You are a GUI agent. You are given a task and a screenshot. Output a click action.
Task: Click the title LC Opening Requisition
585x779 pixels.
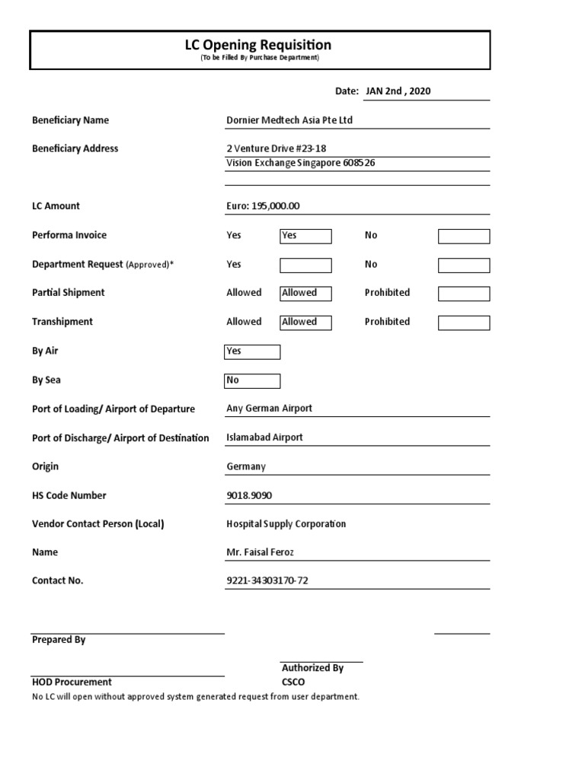click(x=259, y=45)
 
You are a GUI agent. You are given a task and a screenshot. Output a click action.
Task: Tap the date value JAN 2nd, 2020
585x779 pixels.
click(x=398, y=91)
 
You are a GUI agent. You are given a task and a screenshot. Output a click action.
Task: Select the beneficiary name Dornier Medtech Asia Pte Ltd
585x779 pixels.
click(x=289, y=120)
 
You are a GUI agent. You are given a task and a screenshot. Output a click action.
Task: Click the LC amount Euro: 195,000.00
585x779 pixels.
click(x=263, y=206)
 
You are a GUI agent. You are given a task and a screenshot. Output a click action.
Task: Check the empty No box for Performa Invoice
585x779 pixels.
click(x=463, y=237)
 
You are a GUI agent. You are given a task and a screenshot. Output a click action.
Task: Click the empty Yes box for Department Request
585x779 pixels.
click(x=305, y=265)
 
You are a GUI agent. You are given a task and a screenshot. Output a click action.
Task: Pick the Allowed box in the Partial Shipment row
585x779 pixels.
click(x=305, y=294)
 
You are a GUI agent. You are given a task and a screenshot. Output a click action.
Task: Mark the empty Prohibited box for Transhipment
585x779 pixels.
click(x=463, y=323)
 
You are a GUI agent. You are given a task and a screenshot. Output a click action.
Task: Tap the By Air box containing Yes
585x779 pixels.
click(x=252, y=351)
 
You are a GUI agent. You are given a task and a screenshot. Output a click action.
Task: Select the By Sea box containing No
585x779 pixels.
click(x=252, y=380)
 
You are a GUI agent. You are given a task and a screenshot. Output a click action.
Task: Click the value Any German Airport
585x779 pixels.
click(x=269, y=409)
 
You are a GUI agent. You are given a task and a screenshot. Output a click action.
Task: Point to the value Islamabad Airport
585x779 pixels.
click(x=264, y=437)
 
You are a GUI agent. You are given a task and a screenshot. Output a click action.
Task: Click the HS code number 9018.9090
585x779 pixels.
click(x=249, y=495)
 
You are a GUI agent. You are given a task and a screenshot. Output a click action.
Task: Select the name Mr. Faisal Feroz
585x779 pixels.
click(x=260, y=552)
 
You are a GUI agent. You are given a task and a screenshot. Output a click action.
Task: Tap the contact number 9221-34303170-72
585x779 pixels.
click(x=267, y=581)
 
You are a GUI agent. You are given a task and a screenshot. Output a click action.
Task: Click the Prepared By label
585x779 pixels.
click(x=59, y=640)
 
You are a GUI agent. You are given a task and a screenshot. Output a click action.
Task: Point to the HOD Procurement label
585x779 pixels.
click(x=72, y=682)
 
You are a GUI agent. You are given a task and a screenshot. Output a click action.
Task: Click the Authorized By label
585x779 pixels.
click(x=312, y=668)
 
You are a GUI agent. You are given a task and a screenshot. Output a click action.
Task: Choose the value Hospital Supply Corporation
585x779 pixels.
click(x=286, y=524)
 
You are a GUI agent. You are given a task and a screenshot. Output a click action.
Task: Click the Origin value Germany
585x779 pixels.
click(x=246, y=466)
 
